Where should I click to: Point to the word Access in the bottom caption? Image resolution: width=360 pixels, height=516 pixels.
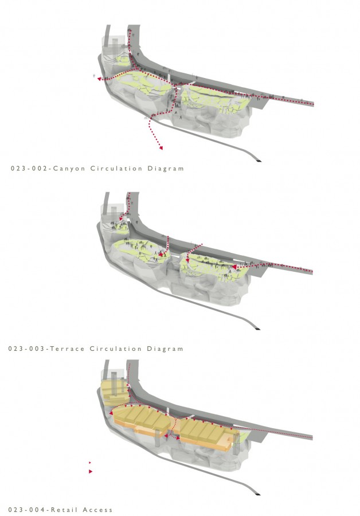pyautogui.click(x=97, y=510)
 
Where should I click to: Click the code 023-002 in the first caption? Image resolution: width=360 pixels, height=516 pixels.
pyautogui.click(x=29, y=169)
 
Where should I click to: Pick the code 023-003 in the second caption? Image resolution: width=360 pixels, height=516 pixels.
pyautogui.click(x=26, y=349)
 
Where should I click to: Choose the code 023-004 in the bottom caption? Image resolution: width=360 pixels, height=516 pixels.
pyautogui.click(x=26, y=510)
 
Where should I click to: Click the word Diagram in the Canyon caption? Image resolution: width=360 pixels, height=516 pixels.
pyautogui.click(x=166, y=169)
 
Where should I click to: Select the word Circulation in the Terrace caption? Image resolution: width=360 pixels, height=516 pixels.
pyautogui.click(x=116, y=349)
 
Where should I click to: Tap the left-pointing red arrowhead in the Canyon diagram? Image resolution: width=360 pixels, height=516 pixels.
pyautogui.click(x=99, y=79)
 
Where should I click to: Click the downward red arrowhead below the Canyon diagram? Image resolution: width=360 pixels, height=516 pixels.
pyautogui.click(x=161, y=148)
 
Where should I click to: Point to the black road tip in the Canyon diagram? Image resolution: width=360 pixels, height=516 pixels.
pyautogui.click(x=259, y=161)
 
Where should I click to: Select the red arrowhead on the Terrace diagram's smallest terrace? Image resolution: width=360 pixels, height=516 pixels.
pyautogui.click(x=121, y=218)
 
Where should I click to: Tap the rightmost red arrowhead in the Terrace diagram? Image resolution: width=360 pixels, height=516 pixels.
pyautogui.click(x=234, y=267)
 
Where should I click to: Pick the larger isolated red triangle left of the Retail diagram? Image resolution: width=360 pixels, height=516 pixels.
pyautogui.click(x=91, y=472)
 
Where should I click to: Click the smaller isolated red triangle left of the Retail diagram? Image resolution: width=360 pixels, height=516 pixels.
pyautogui.click(x=90, y=463)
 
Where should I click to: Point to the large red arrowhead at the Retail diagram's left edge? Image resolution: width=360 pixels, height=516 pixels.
pyautogui.click(x=111, y=413)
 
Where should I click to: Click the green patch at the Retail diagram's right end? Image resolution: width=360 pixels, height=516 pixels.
pyautogui.click(x=243, y=437)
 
